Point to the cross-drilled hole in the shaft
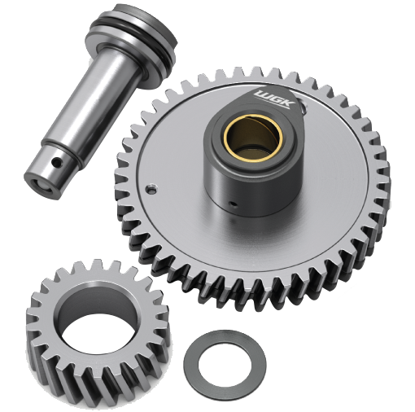(56, 163)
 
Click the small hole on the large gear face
(151, 188)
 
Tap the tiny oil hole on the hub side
(233, 204)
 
